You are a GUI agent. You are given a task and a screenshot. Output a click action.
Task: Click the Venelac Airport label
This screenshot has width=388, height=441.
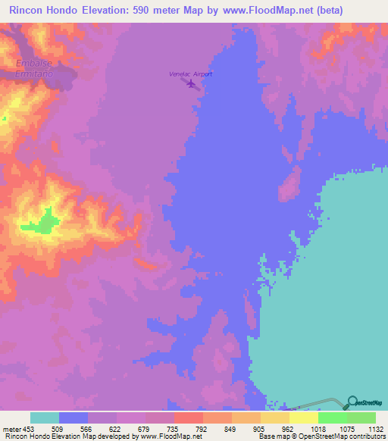[x=190, y=74]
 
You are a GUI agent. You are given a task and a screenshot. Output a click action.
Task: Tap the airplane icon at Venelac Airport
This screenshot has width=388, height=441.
[x=190, y=83]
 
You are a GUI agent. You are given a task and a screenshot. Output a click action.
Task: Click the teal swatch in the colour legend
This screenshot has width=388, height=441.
[x=45, y=418]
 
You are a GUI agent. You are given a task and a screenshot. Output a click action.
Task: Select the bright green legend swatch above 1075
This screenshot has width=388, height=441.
[x=332, y=418]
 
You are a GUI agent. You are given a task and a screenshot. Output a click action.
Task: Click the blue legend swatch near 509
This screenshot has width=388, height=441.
[x=74, y=418]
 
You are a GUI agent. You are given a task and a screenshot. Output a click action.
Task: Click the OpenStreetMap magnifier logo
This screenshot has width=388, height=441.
[x=351, y=402]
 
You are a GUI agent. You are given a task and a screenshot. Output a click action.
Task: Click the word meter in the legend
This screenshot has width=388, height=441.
[x=9, y=428]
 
